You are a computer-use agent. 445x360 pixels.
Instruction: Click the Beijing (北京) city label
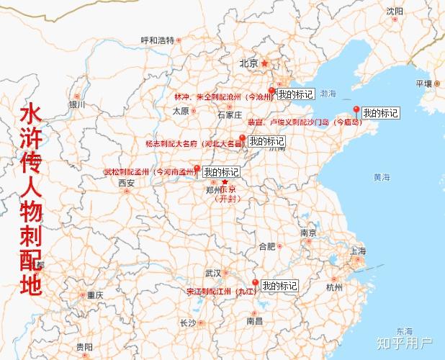coord(248,63)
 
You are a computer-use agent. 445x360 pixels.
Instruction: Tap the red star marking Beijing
coord(264,63)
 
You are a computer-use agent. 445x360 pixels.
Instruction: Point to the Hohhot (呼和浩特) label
coord(158,40)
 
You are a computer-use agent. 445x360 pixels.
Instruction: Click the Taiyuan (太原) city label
coord(180,111)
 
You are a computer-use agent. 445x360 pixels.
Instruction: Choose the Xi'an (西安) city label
coord(127,183)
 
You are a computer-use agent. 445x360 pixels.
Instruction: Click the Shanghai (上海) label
coord(358,251)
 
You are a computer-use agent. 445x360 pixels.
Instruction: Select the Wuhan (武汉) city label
coord(213,274)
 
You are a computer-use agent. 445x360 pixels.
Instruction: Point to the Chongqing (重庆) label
coord(94,295)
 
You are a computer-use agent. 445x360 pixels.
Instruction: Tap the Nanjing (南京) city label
coord(309,233)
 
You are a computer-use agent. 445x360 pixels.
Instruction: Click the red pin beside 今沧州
coord(271,91)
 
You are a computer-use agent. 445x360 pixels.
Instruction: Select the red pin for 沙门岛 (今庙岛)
coord(355,110)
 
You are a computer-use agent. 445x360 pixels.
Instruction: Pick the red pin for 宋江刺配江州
coord(254,284)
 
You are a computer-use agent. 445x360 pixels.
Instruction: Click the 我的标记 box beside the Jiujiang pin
coord(279,286)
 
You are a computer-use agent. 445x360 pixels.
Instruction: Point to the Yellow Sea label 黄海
coord(381,177)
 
